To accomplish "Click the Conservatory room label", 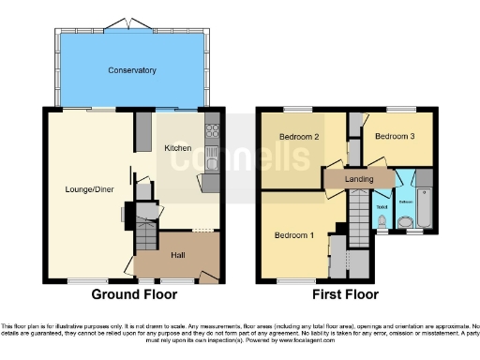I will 131,70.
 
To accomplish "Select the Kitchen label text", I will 178,148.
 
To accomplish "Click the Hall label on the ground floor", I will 177,254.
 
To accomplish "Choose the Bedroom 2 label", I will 299,137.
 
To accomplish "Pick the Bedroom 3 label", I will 395,137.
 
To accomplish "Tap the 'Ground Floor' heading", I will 134,293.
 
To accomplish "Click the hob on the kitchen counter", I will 212,131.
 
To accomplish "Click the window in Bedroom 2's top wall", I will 298,110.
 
